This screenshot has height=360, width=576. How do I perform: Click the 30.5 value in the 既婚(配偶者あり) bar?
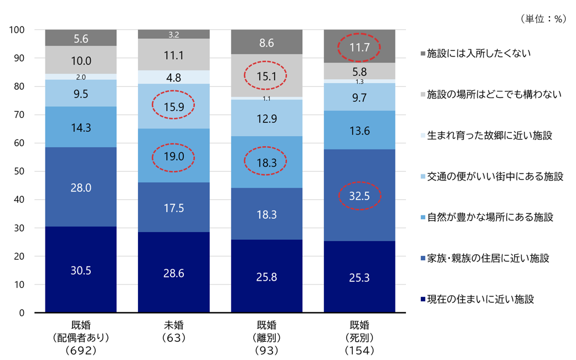(81, 271)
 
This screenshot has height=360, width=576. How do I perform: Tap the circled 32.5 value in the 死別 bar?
(359, 196)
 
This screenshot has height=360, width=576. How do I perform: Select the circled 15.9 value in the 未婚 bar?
(174, 107)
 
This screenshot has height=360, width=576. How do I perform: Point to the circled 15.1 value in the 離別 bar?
(266, 76)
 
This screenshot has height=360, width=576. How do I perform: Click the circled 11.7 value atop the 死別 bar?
(359, 48)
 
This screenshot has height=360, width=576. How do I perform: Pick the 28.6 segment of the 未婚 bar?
(174, 272)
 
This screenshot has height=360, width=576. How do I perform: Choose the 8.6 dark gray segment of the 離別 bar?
(267, 42)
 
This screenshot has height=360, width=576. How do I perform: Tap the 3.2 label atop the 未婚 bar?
(174, 35)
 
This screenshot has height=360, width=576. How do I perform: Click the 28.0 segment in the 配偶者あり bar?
(81, 187)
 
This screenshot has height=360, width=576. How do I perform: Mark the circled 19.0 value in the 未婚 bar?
(174, 157)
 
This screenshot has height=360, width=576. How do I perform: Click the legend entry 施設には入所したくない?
(476, 54)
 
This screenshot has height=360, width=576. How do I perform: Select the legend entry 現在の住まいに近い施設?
(477, 300)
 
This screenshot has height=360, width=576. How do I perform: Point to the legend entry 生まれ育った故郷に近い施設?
(486, 136)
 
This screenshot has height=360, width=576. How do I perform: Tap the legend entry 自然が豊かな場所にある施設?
(487, 218)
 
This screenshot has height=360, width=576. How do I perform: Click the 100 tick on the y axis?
(17, 30)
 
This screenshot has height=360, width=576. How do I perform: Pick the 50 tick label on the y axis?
(19, 171)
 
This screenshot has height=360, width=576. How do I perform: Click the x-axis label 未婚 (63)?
(174, 331)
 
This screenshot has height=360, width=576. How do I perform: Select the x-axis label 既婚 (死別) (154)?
(359, 338)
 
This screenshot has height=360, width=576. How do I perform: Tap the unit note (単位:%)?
(543, 19)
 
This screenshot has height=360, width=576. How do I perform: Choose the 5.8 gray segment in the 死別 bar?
(359, 71)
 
